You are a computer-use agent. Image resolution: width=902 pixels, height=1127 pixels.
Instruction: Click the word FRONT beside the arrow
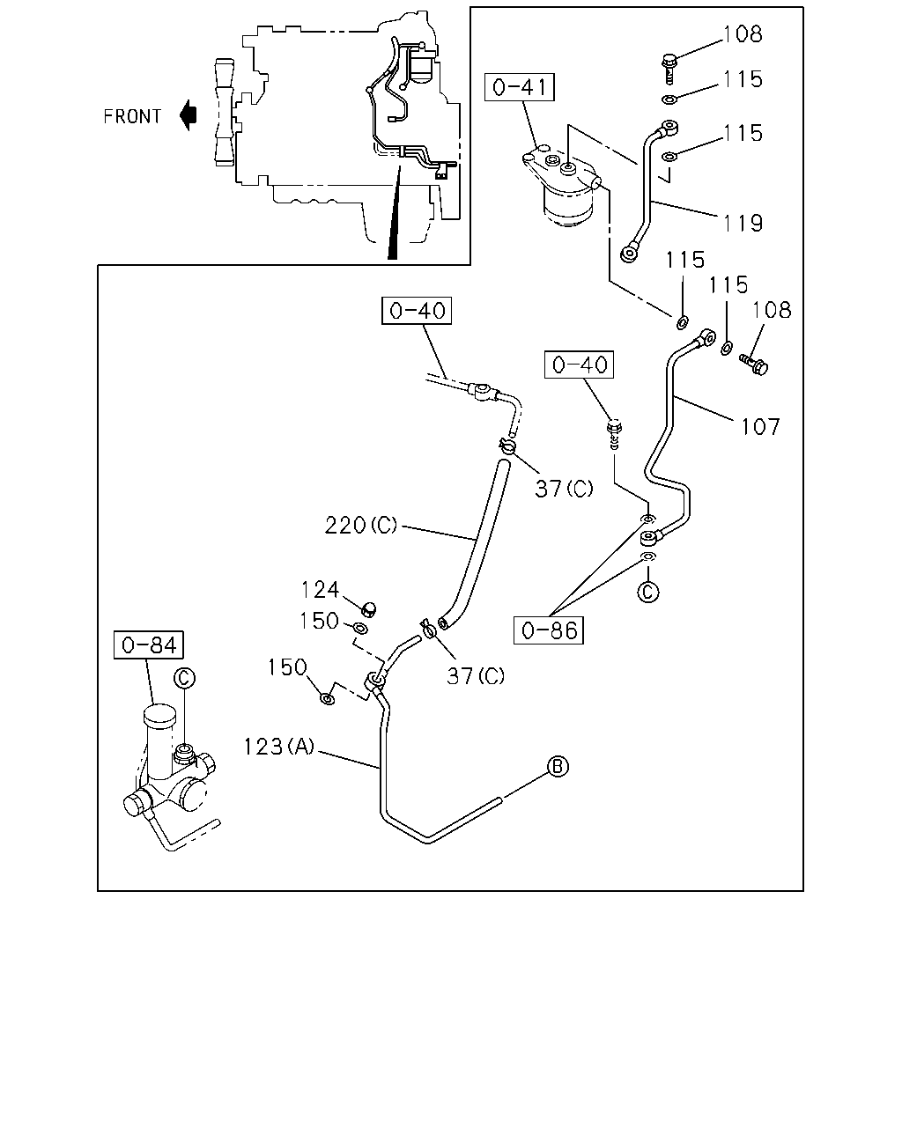click(x=132, y=116)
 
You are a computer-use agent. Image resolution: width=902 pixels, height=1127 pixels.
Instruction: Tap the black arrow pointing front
click(x=188, y=115)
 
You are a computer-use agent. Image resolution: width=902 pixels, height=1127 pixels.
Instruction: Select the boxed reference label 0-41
click(x=520, y=87)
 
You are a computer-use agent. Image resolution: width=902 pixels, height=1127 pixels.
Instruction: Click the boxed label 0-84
click(x=149, y=645)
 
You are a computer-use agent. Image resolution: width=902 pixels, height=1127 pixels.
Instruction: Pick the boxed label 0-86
click(x=549, y=630)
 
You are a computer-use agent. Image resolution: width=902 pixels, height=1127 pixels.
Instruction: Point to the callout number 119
click(x=743, y=224)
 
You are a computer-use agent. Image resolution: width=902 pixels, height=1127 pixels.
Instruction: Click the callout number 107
click(x=760, y=427)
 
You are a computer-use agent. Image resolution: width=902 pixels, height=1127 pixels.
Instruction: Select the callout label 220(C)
click(x=361, y=525)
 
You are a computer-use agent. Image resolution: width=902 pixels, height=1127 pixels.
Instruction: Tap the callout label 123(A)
click(x=279, y=747)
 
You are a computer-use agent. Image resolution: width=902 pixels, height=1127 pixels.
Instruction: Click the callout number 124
click(x=320, y=590)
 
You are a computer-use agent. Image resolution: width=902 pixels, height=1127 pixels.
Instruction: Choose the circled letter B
click(x=557, y=767)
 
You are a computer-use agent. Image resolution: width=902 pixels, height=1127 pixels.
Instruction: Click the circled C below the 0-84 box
click(x=184, y=678)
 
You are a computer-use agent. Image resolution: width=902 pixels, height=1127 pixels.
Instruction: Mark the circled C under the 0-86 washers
click(x=647, y=592)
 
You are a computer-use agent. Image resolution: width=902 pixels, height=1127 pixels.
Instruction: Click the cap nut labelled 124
click(x=368, y=608)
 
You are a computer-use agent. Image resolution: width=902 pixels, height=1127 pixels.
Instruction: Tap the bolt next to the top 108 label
click(x=669, y=68)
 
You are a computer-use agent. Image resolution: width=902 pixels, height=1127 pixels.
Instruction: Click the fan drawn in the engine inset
click(x=224, y=112)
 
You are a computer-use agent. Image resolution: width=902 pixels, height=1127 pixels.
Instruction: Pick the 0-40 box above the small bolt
click(x=579, y=365)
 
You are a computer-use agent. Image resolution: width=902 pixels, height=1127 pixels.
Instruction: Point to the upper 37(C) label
click(x=564, y=489)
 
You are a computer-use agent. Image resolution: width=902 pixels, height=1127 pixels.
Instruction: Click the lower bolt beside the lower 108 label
click(x=754, y=364)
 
